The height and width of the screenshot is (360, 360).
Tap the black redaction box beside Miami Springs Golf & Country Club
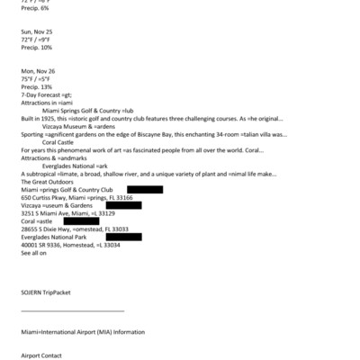[x=139, y=190]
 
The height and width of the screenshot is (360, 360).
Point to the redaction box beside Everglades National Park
[x=123, y=237]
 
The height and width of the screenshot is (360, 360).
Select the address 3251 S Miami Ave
[x=49, y=213]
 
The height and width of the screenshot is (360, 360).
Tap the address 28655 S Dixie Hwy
[x=49, y=229]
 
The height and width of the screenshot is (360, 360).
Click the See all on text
[x=33, y=253]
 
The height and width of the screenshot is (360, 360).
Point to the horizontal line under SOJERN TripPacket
[x=72, y=310]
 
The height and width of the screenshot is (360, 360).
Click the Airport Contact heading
[x=41, y=355]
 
